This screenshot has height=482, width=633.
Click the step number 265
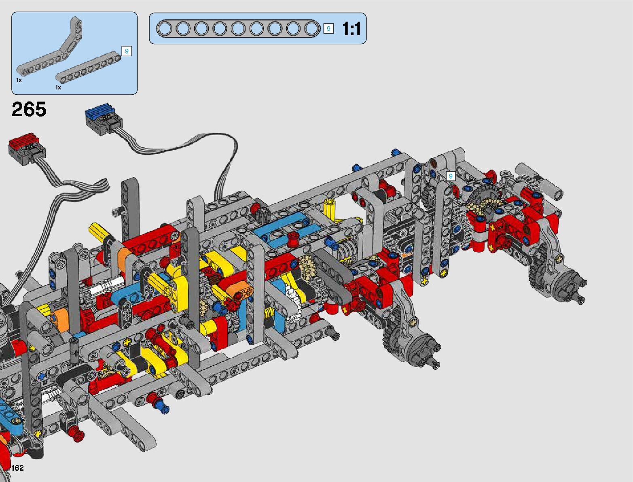[x=29, y=109]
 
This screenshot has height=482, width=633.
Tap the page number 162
[x=17, y=467]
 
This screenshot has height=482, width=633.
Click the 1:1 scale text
[x=351, y=29]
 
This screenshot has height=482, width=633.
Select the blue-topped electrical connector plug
[x=104, y=120]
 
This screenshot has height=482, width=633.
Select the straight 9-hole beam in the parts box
[x=88, y=67]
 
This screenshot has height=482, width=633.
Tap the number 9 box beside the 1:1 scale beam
[x=328, y=29]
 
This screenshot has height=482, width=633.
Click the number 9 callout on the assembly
[x=451, y=176]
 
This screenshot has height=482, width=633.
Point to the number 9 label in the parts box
[x=127, y=51]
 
